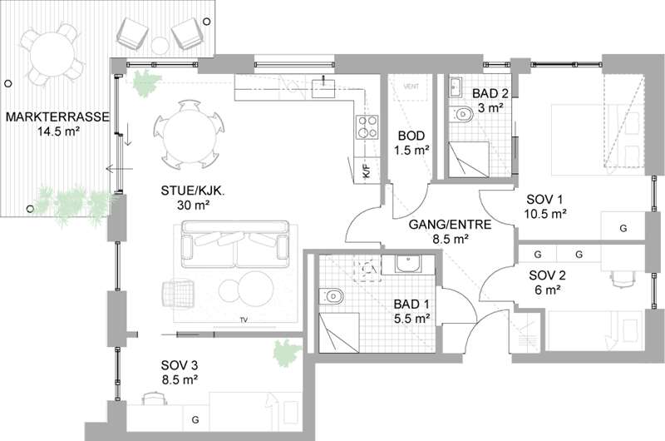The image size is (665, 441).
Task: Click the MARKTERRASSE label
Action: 57,116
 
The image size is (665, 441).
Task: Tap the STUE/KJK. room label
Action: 193,191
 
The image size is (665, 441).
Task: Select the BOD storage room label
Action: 411,136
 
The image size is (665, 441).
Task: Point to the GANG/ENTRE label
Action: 450,224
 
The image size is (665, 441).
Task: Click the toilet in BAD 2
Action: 461,115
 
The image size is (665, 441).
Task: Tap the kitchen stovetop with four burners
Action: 367,127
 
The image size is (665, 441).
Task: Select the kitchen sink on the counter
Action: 323,88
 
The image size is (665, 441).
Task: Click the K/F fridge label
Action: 367,171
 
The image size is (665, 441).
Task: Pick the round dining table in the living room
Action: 189,134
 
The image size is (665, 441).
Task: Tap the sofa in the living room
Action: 235,244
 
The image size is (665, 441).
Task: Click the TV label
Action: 244,320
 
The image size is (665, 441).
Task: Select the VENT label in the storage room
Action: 411,87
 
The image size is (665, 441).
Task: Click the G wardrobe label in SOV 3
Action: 195,419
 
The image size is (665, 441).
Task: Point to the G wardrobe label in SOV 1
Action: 623,228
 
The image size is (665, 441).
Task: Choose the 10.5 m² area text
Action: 545,214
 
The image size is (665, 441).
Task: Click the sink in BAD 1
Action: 408,264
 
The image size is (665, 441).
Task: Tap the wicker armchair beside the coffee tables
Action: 179,292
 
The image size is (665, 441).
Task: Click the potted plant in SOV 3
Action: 287,353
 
